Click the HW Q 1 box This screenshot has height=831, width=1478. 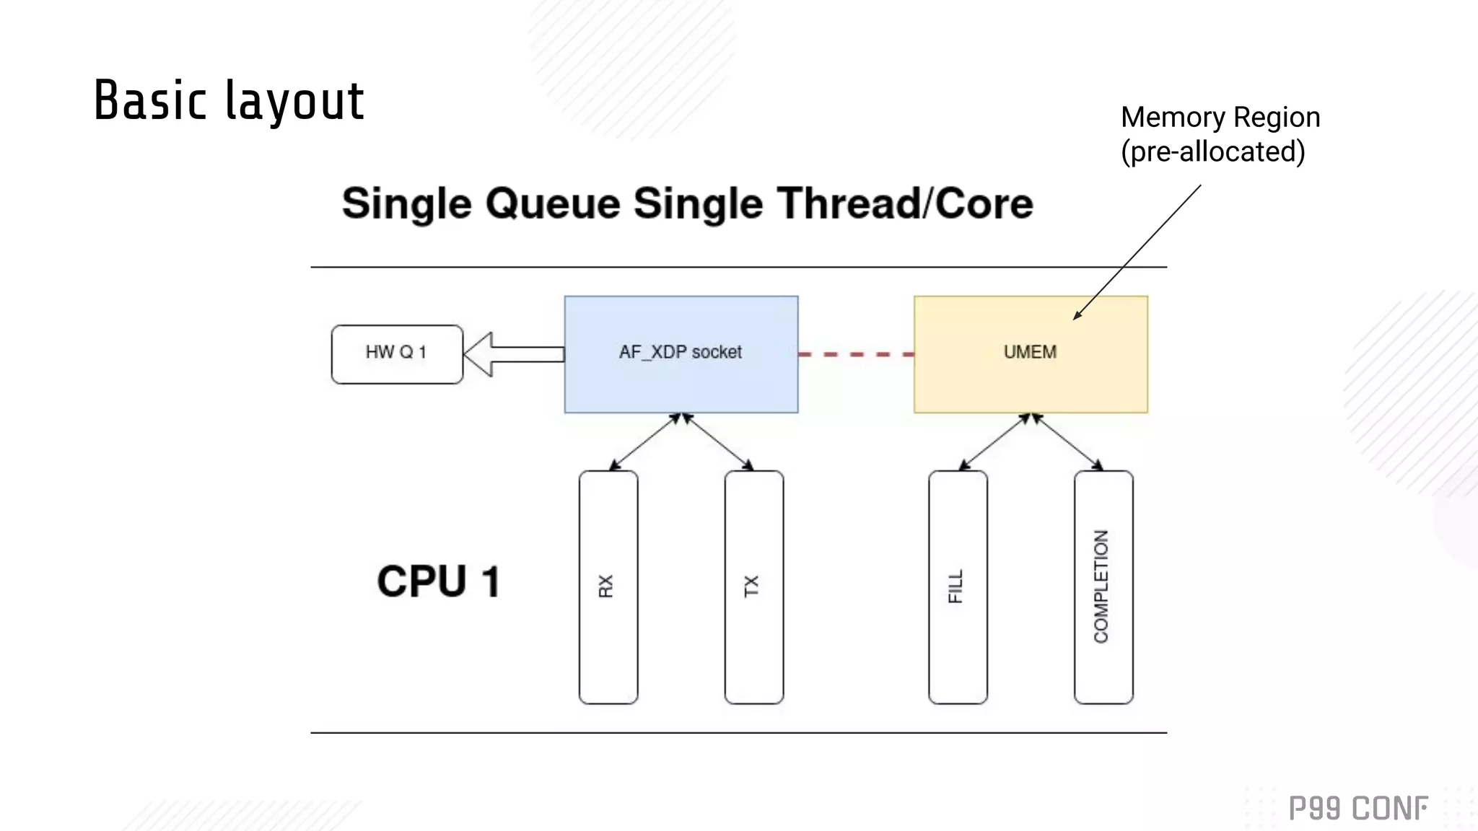point(397,354)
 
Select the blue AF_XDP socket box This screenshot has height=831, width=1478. point(681,354)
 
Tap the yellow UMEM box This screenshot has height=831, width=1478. point(1031,354)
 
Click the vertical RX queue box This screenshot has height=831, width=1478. point(608,587)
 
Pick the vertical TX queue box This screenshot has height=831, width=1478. point(753,587)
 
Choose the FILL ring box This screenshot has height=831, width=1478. point(958,587)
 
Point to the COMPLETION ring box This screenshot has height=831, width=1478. point(1103,587)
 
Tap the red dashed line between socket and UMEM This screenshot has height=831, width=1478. point(856,354)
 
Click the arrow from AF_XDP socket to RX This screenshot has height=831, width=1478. point(644,442)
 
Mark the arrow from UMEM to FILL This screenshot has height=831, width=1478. point(994,442)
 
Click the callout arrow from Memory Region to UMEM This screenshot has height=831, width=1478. point(1137,251)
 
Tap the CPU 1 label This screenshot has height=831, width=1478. point(438,581)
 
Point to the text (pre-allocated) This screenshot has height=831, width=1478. point(1212,151)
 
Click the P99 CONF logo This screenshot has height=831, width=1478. point(1357,808)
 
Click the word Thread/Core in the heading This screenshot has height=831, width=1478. point(905,203)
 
